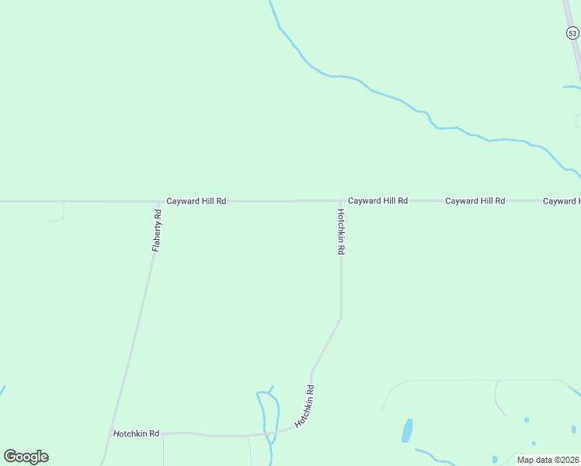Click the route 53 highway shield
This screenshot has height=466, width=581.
(x=572, y=33)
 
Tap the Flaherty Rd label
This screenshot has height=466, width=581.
(x=156, y=230)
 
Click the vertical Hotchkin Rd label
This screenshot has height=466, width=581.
(x=340, y=231)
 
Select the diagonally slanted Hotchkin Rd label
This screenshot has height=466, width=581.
(x=304, y=406)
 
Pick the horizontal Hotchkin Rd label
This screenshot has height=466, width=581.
(x=136, y=433)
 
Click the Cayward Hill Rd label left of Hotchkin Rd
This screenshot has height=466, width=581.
(x=196, y=201)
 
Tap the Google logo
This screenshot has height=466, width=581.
(x=26, y=457)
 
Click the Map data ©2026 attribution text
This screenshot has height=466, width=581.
(x=548, y=460)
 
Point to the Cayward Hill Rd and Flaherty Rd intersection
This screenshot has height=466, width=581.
(x=159, y=201)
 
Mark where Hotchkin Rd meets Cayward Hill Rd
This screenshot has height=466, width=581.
(x=340, y=200)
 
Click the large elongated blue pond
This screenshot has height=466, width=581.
(x=407, y=430)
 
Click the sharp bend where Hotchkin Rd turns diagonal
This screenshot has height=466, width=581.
(x=341, y=317)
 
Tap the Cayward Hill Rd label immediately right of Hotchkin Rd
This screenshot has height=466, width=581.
(x=377, y=200)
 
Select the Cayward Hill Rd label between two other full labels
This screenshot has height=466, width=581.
(x=475, y=200)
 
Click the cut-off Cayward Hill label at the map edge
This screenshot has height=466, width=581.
(x=562, y=201)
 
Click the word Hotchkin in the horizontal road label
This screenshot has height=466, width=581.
(x=126, y=433)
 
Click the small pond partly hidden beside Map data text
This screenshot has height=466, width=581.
(x=495, y=459)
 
